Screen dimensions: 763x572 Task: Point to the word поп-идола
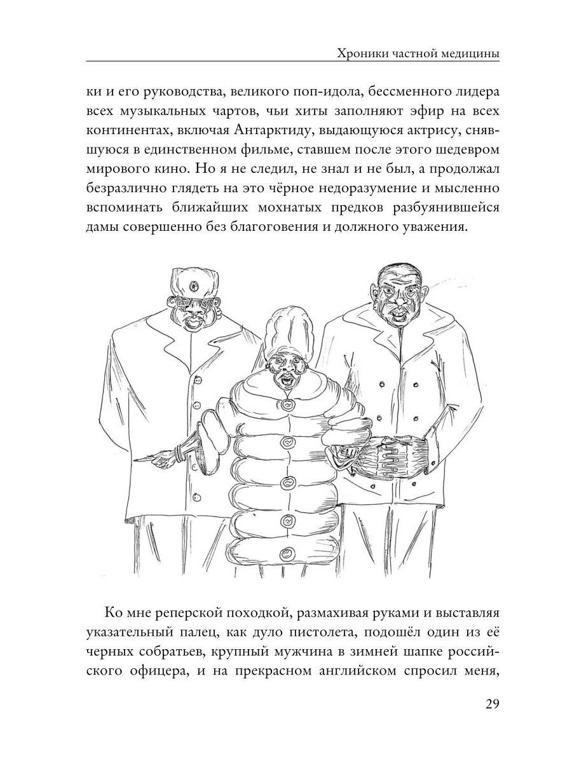pos(304,90)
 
